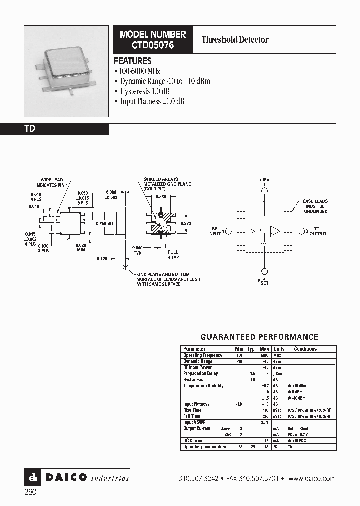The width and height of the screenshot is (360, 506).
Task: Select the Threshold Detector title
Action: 235,40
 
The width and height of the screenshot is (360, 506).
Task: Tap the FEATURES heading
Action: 133,61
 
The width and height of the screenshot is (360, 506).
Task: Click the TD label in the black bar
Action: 30,129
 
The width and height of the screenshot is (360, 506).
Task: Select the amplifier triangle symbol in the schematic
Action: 274,231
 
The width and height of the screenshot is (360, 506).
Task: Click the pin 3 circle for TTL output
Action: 302,231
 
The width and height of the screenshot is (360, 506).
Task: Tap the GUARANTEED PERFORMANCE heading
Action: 259,337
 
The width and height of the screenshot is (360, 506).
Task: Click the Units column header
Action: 279,349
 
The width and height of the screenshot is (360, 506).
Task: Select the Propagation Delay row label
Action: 200,373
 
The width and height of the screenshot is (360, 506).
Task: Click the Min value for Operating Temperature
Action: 239,446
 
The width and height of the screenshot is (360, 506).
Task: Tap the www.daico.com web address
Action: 312,478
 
